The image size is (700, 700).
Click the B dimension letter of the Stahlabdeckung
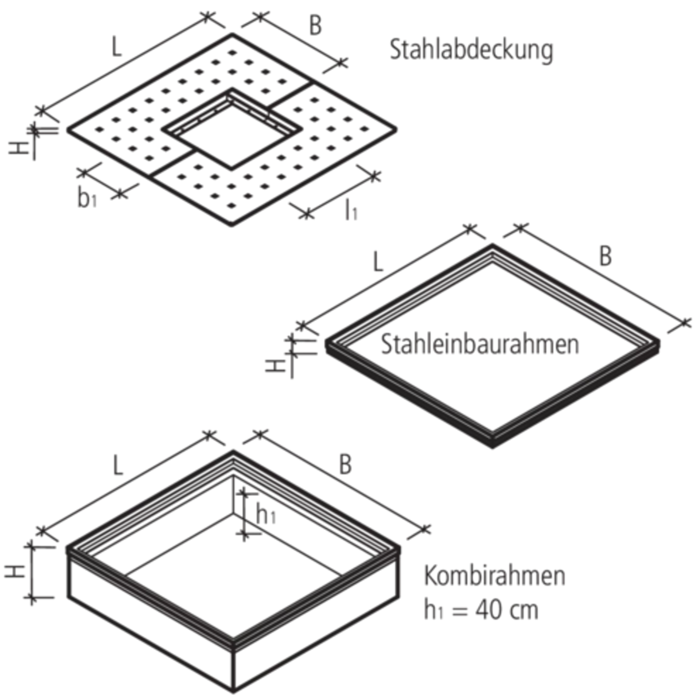coord(316,27)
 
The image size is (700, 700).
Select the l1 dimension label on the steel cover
coord(351,214)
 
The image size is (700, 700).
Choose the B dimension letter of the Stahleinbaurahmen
coord(606,258)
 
